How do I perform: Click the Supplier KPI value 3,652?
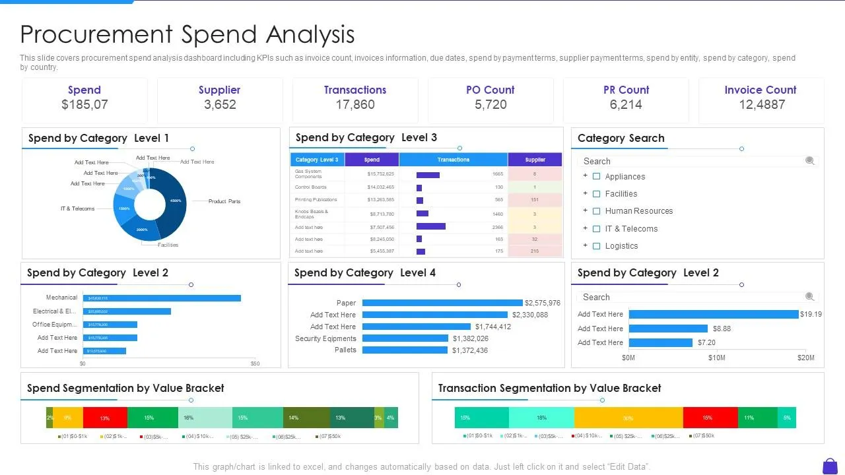pos(220,104)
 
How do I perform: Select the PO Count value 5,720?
pos(490,104)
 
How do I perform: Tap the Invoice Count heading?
pos(760,90)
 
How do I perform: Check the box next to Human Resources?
pos(596,211)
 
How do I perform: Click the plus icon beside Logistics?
pos(585,245)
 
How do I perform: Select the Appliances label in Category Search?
pos(625,177)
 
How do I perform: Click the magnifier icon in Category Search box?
pos(810,161)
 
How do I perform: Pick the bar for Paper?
pos(442,303)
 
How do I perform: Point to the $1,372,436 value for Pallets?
pos(470,350)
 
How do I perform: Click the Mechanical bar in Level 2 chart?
pos(162,298)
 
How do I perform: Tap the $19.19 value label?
pos(811,314)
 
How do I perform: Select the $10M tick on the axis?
pos(716,358)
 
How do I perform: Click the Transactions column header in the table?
pos(454,160)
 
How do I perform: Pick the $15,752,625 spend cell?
pos(380,174)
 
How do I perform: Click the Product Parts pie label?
pos(224,201)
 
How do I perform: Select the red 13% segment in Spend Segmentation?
pos(105,418)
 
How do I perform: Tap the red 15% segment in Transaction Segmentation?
pos(710,418)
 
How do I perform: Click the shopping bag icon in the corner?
pos(830,466)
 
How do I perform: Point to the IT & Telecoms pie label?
pos(77,208)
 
